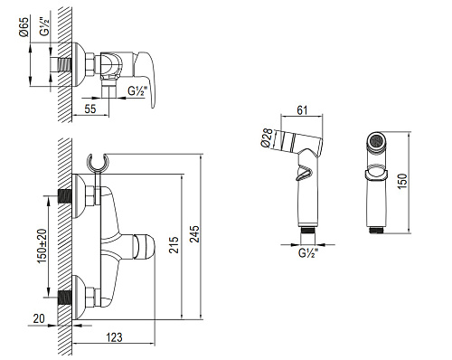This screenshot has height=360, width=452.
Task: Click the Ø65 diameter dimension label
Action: pos(24,27)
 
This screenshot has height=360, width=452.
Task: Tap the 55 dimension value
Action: pos(89,109)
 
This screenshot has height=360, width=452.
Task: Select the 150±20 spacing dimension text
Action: pos(42,246)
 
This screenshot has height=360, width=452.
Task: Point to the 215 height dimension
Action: pos(174,245)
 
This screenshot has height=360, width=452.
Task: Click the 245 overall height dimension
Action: pos(194,234)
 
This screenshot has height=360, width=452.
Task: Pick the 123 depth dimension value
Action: pos(114,337)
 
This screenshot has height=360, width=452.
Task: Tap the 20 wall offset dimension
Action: pos(39,318)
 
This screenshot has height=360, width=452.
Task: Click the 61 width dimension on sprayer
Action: pos(302,110)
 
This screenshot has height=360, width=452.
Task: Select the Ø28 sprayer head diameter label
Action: pos(267,137)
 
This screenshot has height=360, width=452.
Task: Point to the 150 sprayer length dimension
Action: pos(402,181)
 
